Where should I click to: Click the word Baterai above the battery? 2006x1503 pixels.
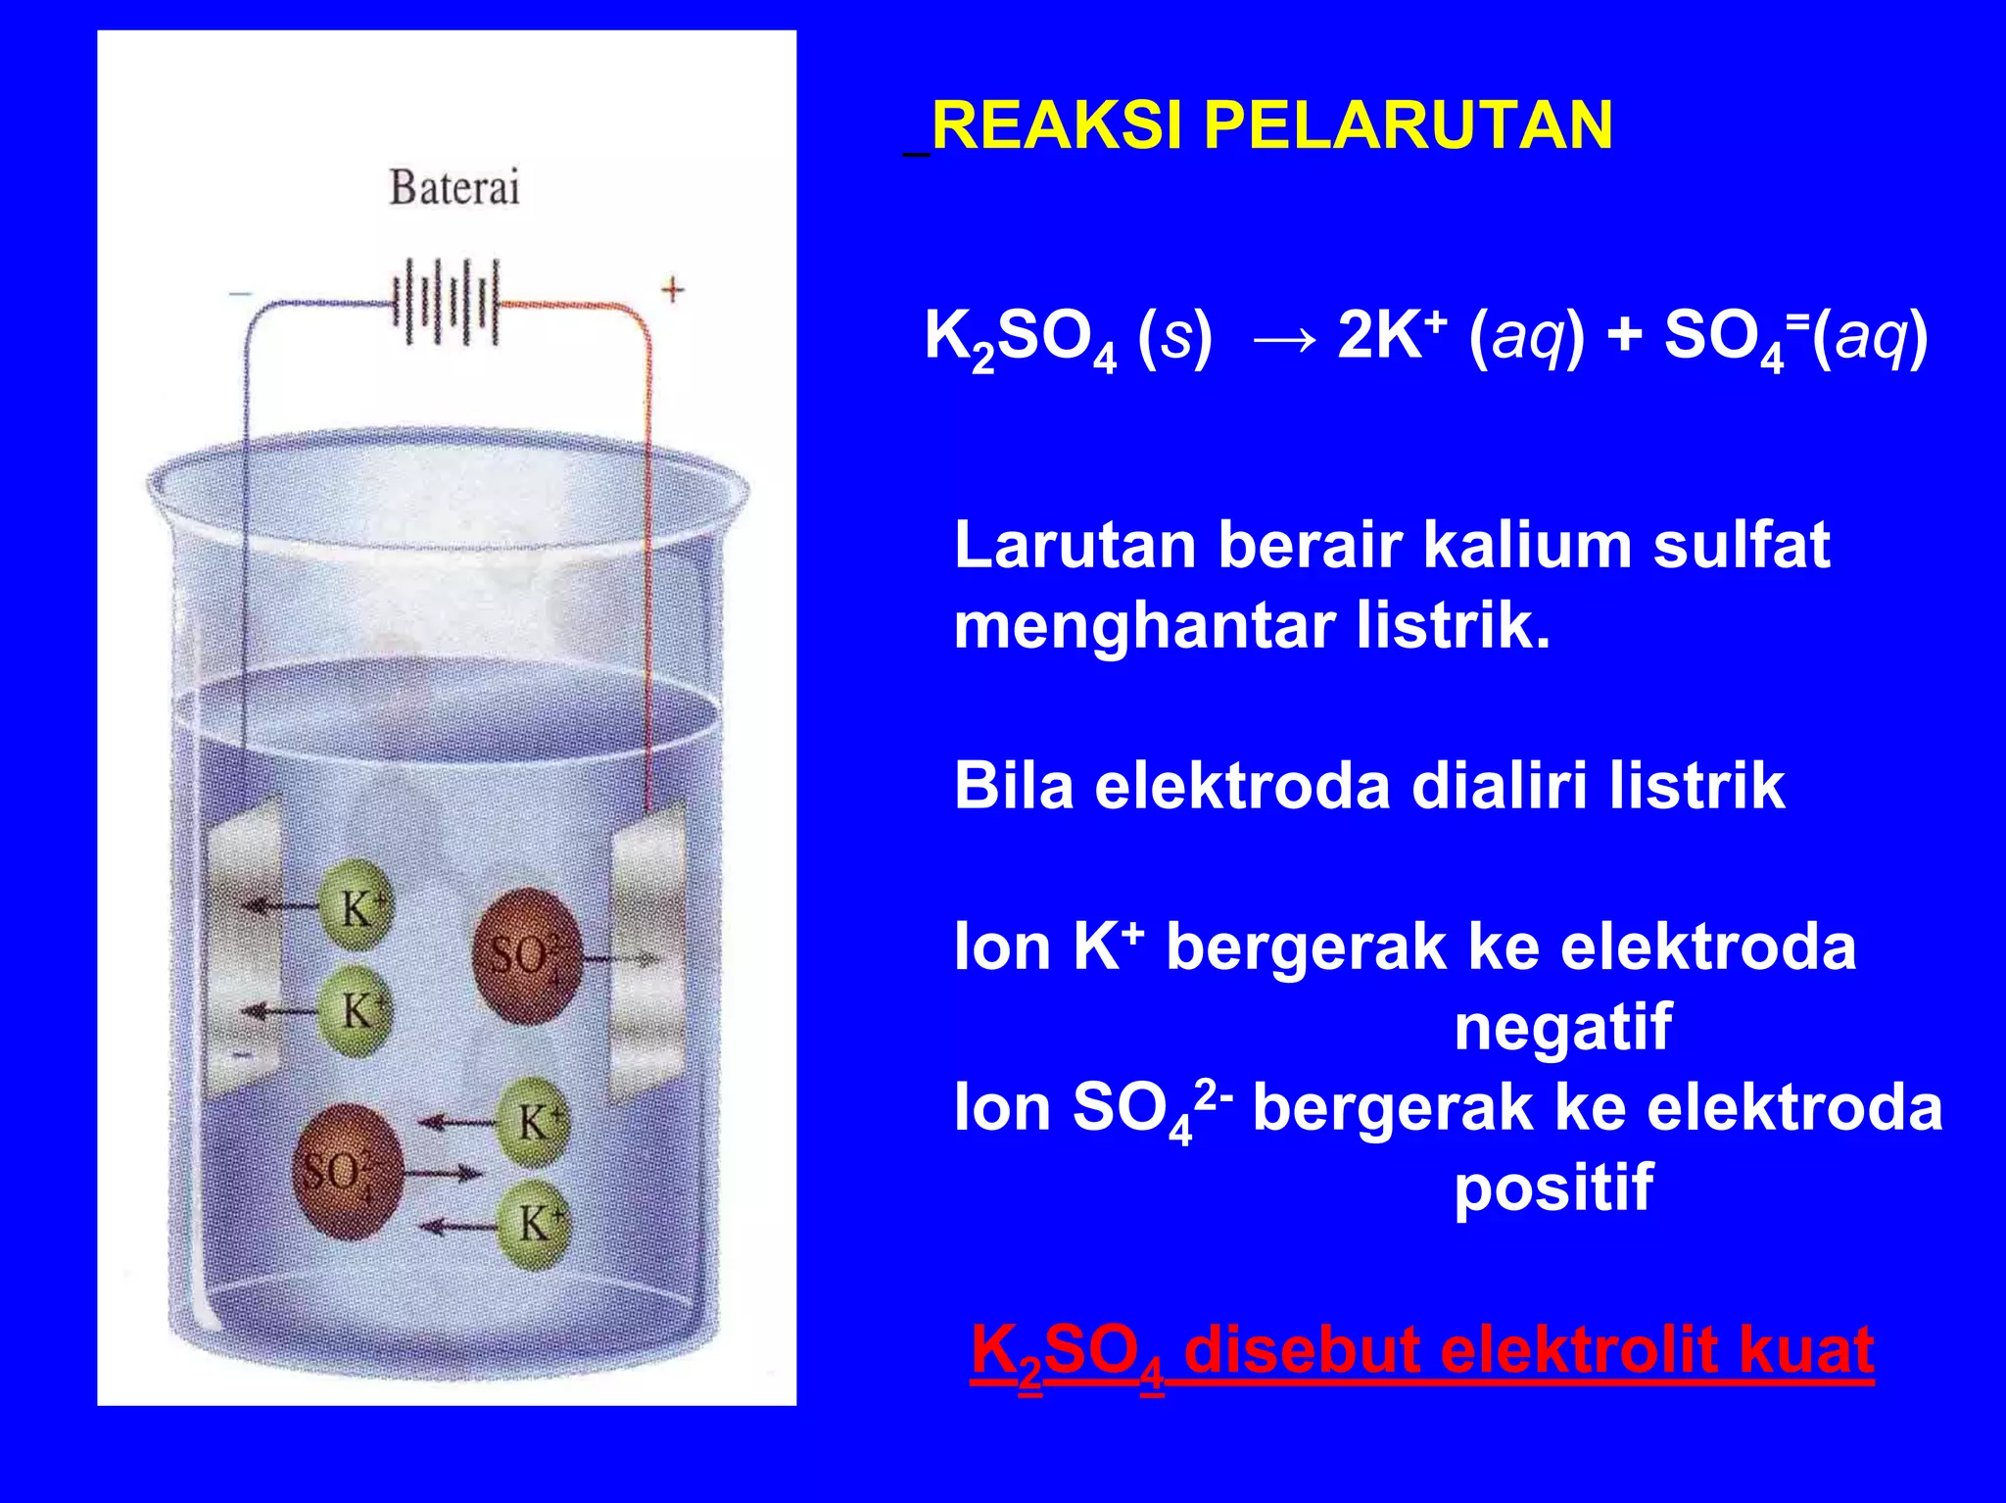tap(454, 187)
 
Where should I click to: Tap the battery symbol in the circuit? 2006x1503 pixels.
tap(447, 302)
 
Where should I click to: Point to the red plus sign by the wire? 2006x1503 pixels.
tap(672, 290)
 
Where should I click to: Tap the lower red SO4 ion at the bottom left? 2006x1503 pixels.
tap(347, 1171)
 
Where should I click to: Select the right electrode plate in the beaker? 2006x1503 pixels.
tap(647, 950)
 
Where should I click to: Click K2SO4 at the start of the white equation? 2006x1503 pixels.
tap(1020, 341)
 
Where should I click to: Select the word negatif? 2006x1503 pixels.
tap(1562, 1027)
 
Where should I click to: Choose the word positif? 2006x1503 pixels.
tap(1553, 1188)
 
